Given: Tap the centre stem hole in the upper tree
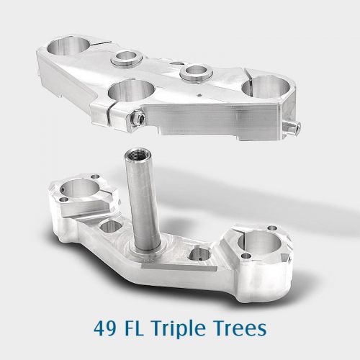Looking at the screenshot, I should tap(132, 92).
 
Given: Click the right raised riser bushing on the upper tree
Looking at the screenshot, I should tap(195, 71).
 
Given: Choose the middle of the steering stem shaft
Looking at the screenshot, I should tap(138, 202).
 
